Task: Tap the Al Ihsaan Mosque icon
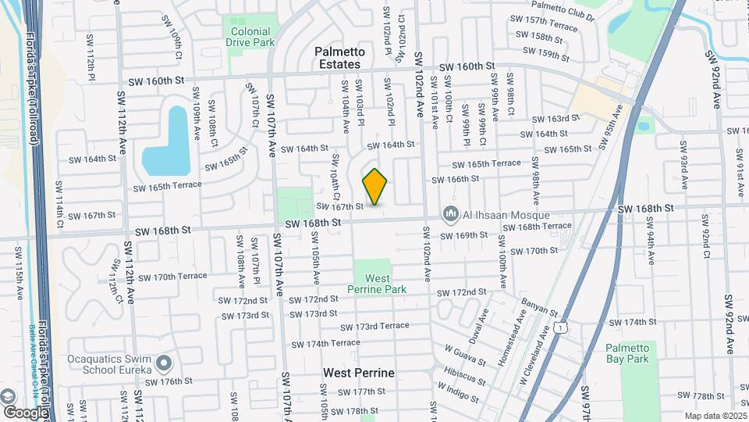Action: coord(449,213)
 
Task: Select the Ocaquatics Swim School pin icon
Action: coord(163,363)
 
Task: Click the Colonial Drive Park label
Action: coord(250,37)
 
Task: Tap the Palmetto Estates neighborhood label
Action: coord(338,58)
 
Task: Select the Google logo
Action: coord(25,412)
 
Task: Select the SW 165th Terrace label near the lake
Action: coord(166,186)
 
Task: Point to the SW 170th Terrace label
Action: coord(170,277)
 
